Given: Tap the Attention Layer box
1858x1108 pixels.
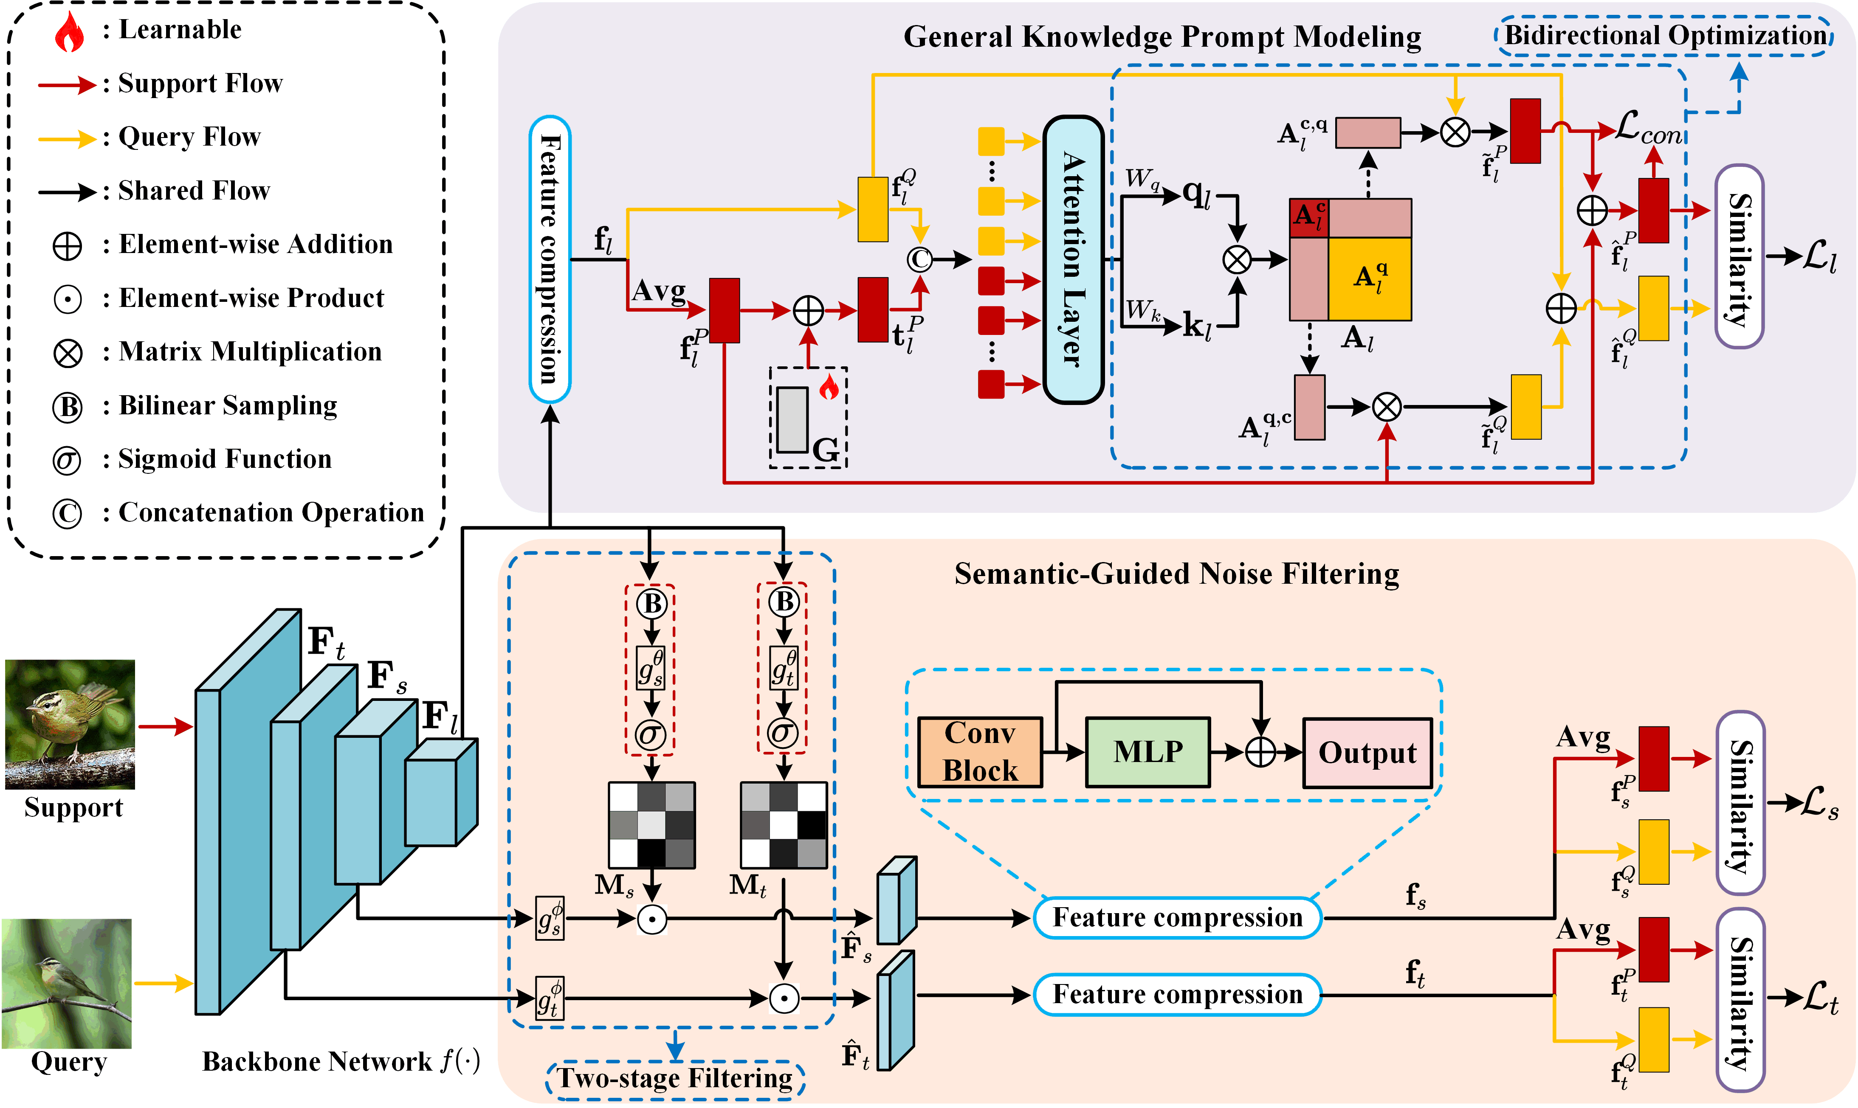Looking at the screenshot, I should (1073, 260).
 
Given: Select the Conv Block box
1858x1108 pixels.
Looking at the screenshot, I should (980, 752).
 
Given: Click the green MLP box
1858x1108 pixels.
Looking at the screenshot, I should (1148, 752).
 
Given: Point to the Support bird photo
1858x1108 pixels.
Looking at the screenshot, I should (70, 724).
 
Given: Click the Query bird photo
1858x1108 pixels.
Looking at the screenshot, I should (67, 983).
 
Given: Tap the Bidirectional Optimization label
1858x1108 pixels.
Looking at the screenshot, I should (1665, 36).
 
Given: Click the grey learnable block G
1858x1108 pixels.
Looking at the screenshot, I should (792, 419).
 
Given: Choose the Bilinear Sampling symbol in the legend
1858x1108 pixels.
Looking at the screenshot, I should (67, 407).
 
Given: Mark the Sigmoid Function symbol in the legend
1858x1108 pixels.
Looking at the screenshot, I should (67, 461).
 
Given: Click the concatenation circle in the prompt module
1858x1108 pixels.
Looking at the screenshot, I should (919, 259).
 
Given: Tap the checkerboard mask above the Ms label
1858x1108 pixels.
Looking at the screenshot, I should (652, 825).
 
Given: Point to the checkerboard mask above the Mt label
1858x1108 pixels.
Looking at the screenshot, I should (784, 825).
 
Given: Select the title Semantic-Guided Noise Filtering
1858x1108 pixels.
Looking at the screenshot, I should (1176, 574).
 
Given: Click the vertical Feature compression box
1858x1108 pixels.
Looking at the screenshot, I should (550, 259).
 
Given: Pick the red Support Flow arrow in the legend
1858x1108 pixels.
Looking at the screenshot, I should (67, 84).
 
